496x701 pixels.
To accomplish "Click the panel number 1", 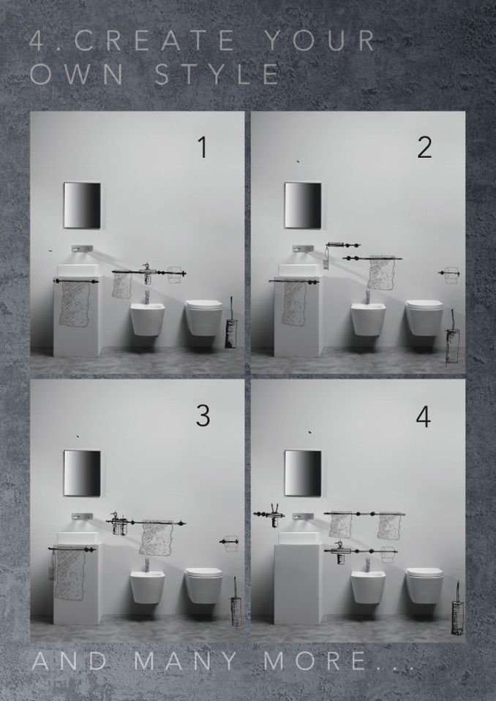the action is [203, 148].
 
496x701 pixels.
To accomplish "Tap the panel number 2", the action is [424, 148].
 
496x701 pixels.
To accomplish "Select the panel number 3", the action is [203, 416].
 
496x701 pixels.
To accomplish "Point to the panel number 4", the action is [423, 417].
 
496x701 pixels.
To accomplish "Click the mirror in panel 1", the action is [82, 205].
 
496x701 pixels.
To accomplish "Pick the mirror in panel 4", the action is [303, 473].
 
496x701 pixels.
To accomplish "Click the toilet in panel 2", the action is [424, 317].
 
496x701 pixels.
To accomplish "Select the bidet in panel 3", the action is [147, 586].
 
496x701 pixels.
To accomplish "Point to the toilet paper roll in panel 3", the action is [230, 543].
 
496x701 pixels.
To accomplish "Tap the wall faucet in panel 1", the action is [82, 249].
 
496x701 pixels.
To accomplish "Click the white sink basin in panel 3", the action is [78, 537].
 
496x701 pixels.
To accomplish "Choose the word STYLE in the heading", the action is [217, 75].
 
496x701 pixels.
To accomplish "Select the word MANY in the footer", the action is [186, 662].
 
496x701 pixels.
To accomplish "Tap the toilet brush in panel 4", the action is [457, 609].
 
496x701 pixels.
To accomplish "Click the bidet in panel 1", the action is [147, 319].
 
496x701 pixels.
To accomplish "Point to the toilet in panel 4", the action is [424, 586].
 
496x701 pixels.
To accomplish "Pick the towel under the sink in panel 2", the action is [295, 303].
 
